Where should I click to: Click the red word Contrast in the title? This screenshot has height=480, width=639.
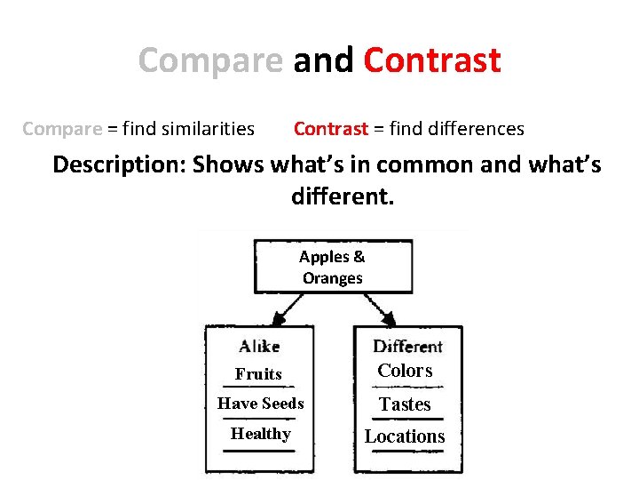point(432,60)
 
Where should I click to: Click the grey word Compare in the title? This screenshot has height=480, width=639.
point(210,60)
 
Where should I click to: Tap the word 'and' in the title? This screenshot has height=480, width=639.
point(323,60)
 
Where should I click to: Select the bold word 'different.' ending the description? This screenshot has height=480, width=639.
point(342,196)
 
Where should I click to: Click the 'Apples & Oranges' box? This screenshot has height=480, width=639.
point(333,267)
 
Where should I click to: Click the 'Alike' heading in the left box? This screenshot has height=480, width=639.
point(259,347)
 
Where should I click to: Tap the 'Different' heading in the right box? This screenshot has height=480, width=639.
point(407,347)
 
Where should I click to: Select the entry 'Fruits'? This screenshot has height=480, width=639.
point(258,374)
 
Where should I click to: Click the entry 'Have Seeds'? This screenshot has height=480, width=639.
point(260,404)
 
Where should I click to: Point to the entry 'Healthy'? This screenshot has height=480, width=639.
point(260,434)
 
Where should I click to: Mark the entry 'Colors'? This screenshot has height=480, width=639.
point(405,371)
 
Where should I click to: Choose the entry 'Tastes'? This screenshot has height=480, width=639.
point(405,404)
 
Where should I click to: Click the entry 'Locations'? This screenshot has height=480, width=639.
point(405,436)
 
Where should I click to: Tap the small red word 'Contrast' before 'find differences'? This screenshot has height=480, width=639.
point(330,129)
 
